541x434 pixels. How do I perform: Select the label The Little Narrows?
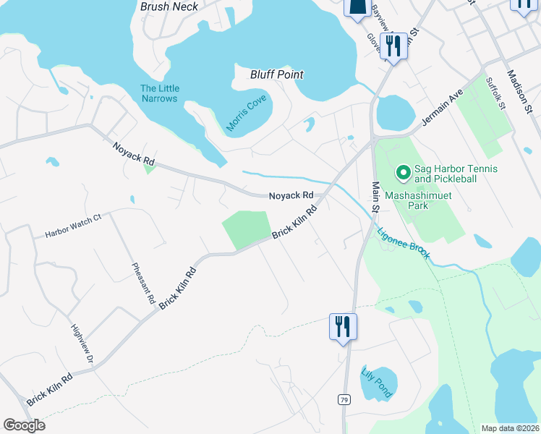pyautogui.click(x=160, y=93)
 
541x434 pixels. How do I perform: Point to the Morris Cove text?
pyautogui.click(x=246, y=113)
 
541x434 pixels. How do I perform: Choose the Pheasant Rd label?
pyautogui.click(x=143, y=283)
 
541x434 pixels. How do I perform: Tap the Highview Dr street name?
pyautogui.click(x=82, y=343)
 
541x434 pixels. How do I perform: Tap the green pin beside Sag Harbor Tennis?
pyautogui.click(x=402, y=174)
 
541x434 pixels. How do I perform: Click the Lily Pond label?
pyautogui.click(x=376, y=383)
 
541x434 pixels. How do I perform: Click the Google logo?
pyautogui.click(x=24, y=425)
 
